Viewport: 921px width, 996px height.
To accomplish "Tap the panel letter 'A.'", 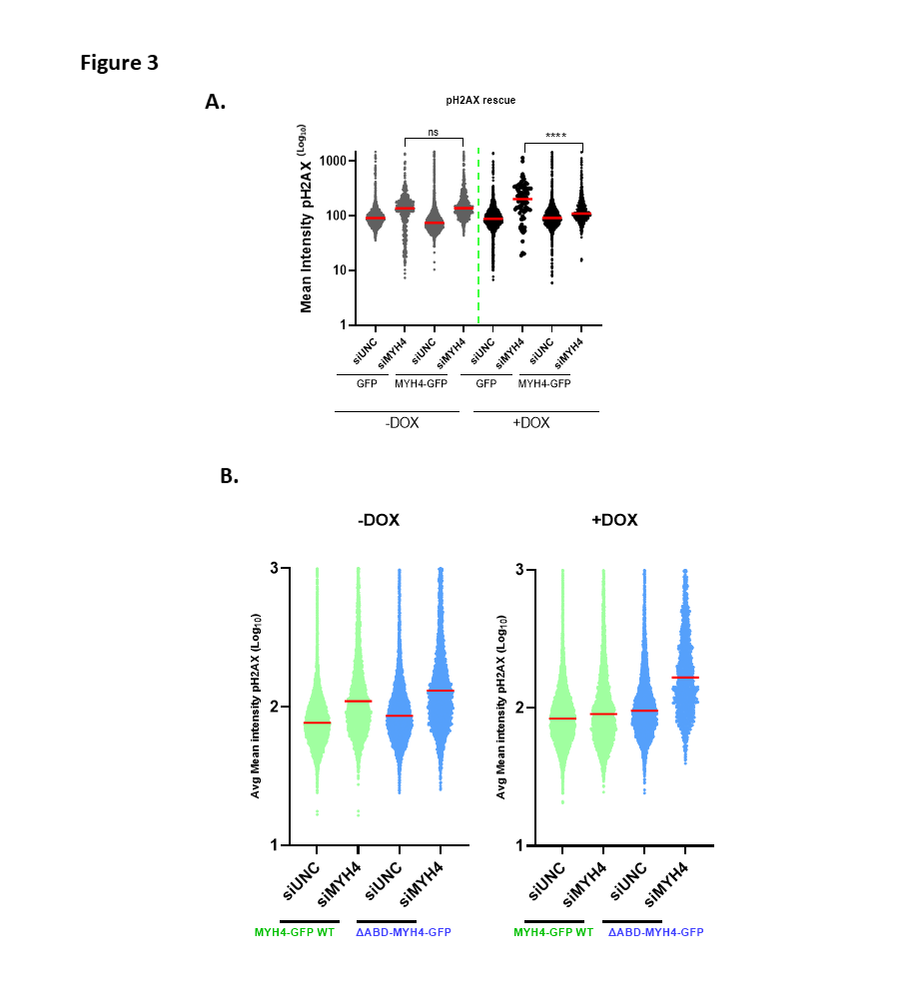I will point(215,102).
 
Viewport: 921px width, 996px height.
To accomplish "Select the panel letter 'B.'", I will point(230,476).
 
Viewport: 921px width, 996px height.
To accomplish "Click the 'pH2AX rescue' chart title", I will point(480,101).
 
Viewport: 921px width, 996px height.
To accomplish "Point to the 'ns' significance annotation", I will point(434,132).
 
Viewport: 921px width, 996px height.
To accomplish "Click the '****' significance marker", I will point(554,136).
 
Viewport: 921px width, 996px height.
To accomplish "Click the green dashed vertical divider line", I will point(478,240).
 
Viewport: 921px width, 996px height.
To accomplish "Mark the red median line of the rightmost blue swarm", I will point(684,678).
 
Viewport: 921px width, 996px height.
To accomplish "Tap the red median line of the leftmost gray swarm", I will point(375,218).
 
